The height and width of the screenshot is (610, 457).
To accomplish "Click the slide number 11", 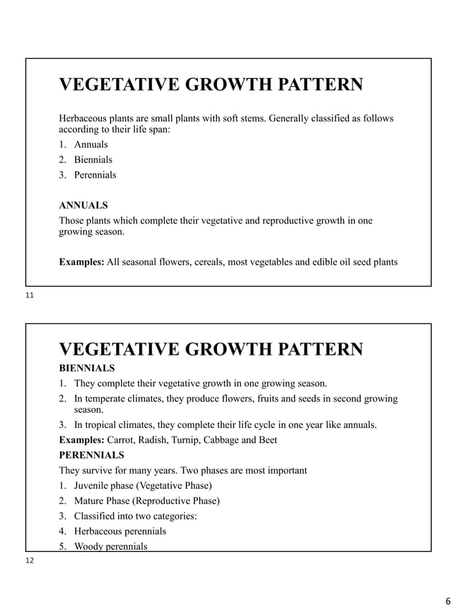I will coord(29,295).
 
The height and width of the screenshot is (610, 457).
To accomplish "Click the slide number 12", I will coord(29,561).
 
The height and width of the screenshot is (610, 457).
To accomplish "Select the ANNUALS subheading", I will coord(83,205).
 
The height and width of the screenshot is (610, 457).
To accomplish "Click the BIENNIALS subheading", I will coord(87,368).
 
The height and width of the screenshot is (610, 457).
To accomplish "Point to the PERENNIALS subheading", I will coord(91,455).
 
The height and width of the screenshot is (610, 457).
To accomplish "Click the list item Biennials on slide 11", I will coord(93,160).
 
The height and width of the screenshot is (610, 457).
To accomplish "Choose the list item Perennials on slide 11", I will coord(95,175).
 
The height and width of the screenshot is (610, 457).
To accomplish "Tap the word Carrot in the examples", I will coord(120,440).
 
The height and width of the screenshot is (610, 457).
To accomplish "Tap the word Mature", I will coord(91,501).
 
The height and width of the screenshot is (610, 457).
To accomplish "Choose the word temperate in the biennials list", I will coord(109,399).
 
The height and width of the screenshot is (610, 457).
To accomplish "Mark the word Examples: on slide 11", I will coord(81,262).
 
